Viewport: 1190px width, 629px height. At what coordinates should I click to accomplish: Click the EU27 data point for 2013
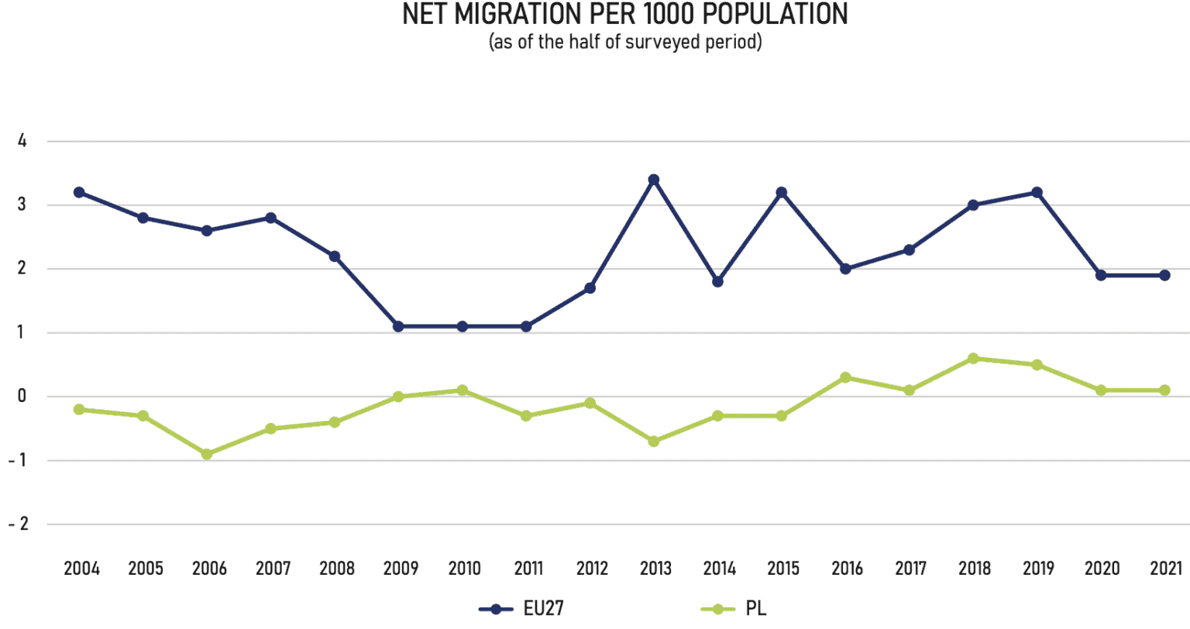[x=653, y=180]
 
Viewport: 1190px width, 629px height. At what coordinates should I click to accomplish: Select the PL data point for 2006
[x=207, y=454]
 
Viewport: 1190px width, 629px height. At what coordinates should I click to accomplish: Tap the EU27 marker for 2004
[x=79, y=192]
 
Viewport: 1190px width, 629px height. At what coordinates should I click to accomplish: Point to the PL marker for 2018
[x=973, y=359]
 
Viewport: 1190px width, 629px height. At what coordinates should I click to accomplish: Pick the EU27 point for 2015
[x=782, y=192]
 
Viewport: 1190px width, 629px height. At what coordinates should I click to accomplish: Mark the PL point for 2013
[x=653, y=442]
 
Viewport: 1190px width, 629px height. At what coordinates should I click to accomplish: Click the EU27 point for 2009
[x=398, y=326]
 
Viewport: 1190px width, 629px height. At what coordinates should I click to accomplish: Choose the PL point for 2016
[x=845, y=378]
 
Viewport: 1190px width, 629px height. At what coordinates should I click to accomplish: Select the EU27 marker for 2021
[x=1164, y=275]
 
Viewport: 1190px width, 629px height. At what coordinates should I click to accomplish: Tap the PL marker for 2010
[x=463, y=390]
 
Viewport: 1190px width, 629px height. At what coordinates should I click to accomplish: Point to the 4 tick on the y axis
[x=22, y=141]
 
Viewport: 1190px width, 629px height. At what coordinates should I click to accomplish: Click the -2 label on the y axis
[x=19, y=524]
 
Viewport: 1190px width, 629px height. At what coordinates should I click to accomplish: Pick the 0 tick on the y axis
[x=22, y=397]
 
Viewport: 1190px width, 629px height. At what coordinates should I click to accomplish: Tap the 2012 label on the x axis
[x=593, y=569]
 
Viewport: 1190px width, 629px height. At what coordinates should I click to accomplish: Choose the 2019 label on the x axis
[x=1038, y=569]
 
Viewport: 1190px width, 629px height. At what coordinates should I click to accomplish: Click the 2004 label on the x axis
[x=81, y=569]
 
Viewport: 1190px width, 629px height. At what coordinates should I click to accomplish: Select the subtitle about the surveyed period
[x=625, y=42]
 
